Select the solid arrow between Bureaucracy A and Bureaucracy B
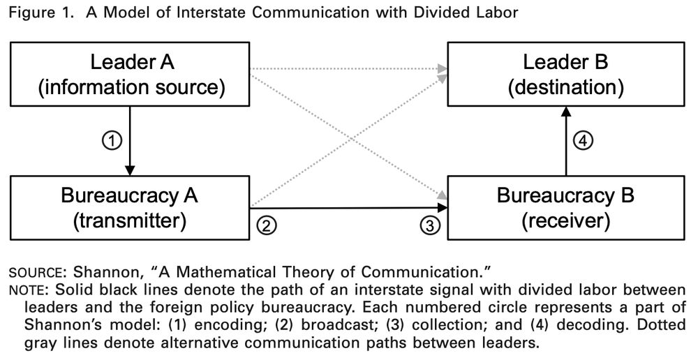click(x=349, y=207)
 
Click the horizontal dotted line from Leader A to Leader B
click(x=349, y=68)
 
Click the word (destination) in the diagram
click(x=566, y=88)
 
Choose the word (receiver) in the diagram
click(x=566, y=222)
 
